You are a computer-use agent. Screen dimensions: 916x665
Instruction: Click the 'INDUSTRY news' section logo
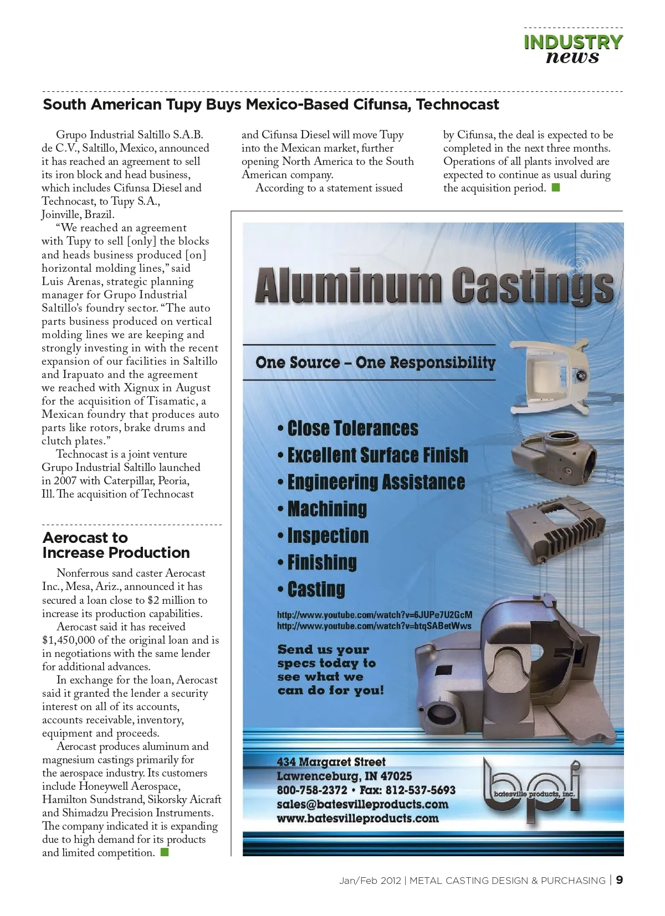coord(573,49)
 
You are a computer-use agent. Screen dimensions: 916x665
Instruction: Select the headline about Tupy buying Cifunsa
coord(271,105)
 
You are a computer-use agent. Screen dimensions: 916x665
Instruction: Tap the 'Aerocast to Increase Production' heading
coord(116,545)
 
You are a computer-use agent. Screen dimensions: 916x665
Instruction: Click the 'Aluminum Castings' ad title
coord(434,286)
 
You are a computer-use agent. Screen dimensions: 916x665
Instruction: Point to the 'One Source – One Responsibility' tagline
coord(375,363)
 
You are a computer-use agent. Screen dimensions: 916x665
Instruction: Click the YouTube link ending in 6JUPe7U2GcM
coord(375,615)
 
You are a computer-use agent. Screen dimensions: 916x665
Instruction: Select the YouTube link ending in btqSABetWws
coord(374,626)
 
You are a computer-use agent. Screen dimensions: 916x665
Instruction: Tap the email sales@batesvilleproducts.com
coord(362,804)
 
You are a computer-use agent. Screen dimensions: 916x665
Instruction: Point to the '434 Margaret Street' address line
coord(331,762)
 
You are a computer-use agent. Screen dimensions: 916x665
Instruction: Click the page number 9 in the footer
coord(619,880)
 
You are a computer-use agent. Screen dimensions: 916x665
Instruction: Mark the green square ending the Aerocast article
coord(164,852)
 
